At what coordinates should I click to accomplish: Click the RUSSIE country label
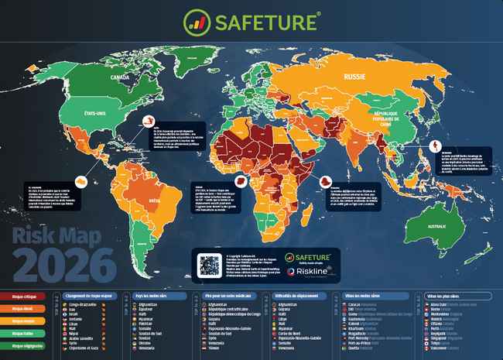pyautogui.click(x=354, y=78)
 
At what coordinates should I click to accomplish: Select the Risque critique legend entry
pyautogui.click(x=23, y=296)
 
